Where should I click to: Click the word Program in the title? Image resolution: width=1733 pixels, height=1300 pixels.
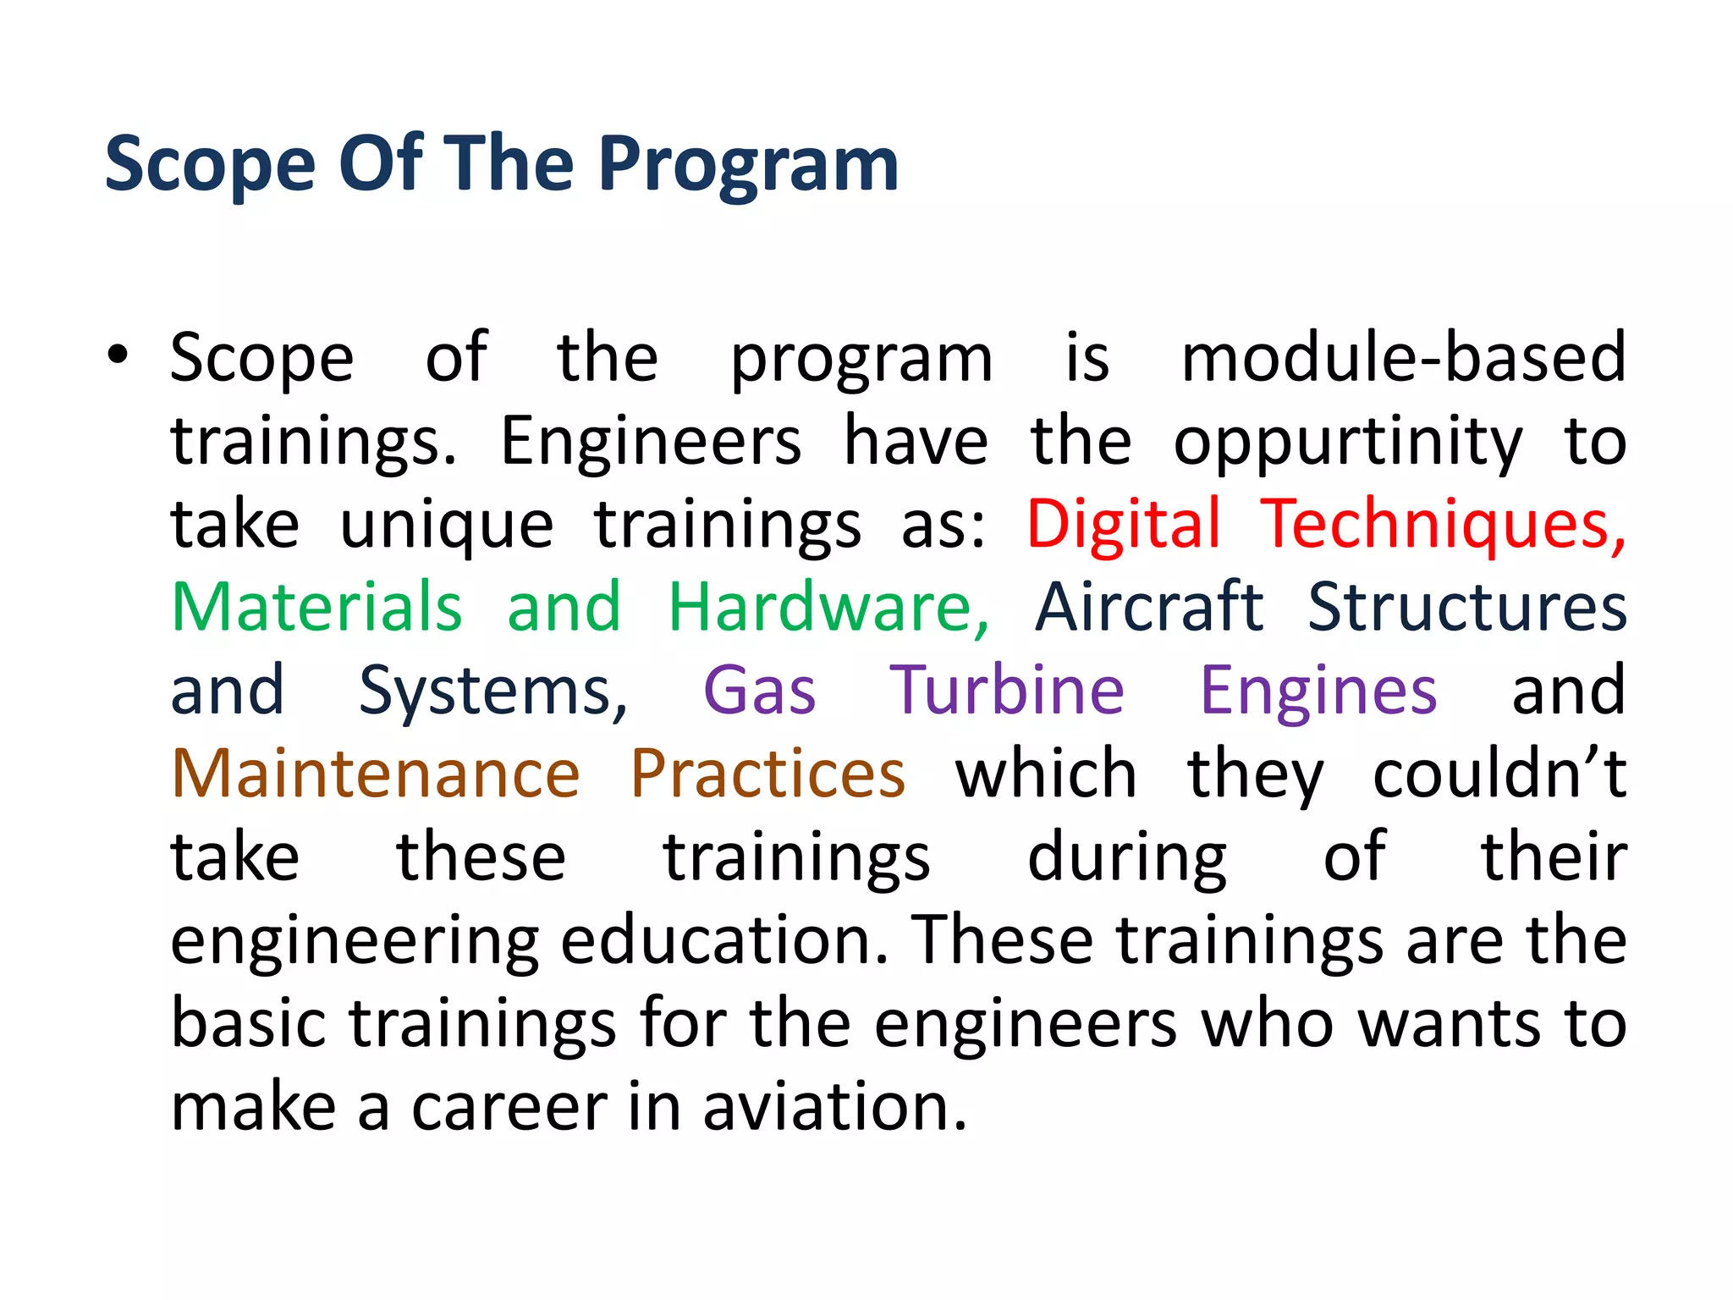[748, 165]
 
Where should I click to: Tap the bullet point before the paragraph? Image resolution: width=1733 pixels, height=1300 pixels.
[118, 355]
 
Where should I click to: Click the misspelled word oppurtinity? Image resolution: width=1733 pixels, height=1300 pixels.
[1347, 442]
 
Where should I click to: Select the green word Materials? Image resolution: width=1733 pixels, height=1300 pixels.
[316, 607]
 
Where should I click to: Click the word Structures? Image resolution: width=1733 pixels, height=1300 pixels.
[1466, 607]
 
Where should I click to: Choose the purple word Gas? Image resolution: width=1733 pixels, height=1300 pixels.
[759, 691]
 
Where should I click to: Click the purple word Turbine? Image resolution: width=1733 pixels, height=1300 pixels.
[1006, 691]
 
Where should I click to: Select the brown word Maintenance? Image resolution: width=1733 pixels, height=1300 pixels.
[376, 774]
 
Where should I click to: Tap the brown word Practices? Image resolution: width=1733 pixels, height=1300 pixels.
[767, 774]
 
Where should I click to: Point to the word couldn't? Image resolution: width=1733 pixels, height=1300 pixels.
[1499, 774]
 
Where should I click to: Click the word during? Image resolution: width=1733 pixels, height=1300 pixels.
[1126, 857]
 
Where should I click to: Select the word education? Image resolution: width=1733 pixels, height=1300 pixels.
[723, 940]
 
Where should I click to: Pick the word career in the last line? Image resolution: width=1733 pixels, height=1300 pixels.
[509, 1107]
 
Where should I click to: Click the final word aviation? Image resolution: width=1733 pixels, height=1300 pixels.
[833, 1107]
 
